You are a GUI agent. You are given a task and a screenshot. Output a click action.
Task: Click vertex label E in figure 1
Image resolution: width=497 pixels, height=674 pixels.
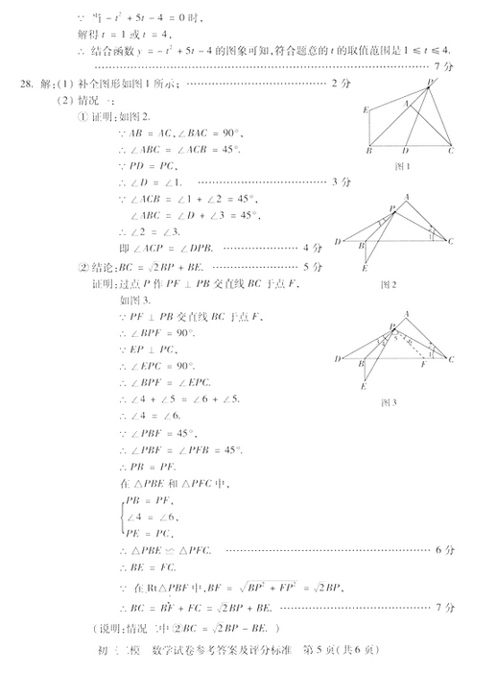pyautogui.click(x=366, y=110)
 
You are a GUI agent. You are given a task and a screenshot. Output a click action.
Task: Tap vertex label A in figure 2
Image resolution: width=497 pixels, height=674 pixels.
pyautogui.click(x=407, y=197)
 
